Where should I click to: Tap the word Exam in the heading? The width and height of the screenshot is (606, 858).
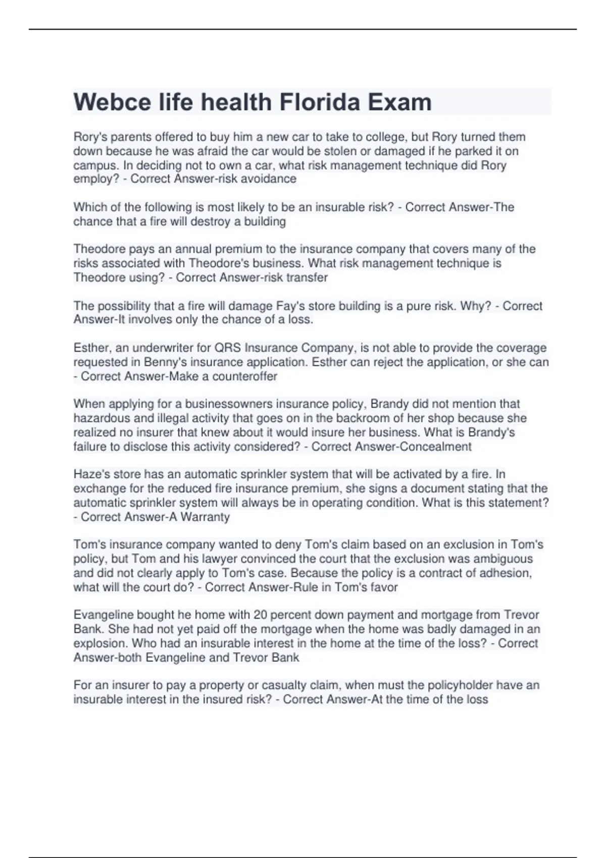(x=399, y=102)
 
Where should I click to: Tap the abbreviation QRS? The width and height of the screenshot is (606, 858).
(x=228, y=348)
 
